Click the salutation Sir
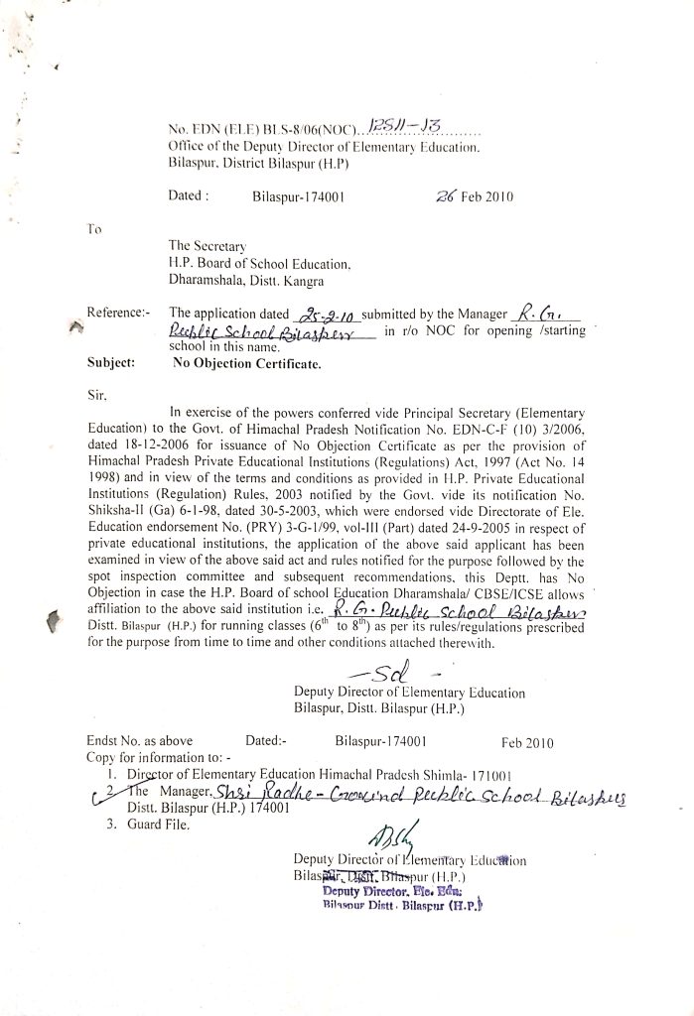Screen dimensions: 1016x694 (97, 393)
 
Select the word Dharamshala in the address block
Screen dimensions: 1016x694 (209, 281)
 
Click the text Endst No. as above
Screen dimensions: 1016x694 (140, 740)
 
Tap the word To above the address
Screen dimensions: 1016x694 (94, 229)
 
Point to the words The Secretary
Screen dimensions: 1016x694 (207, 246)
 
